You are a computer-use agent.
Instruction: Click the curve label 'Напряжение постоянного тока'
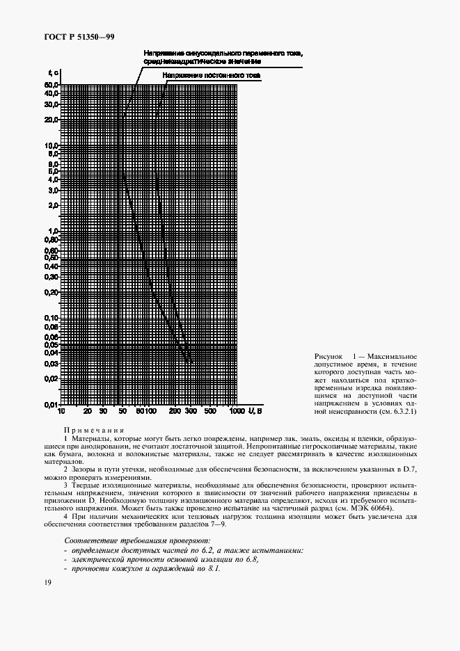[211, 74]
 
